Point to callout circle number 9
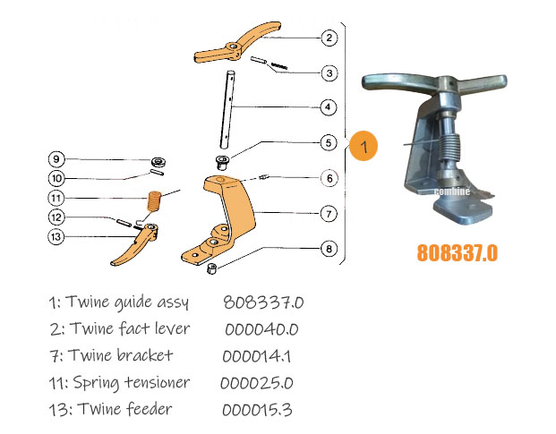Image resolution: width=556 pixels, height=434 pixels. click(x=56, y=159)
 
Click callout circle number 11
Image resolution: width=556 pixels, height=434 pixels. click(x=56, y=198)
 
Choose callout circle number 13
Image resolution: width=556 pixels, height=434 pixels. click(x=56, y=237)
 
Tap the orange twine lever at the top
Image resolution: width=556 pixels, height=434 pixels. click(x=235, y=47)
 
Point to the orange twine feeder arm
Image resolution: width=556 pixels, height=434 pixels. click(x=136, y=246)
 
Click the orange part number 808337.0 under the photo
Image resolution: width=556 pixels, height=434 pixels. click(x=457, y=253)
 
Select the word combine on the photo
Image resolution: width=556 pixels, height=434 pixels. click(x=452, y=191)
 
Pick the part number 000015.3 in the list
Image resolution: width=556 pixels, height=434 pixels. click(x=257, y=409)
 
